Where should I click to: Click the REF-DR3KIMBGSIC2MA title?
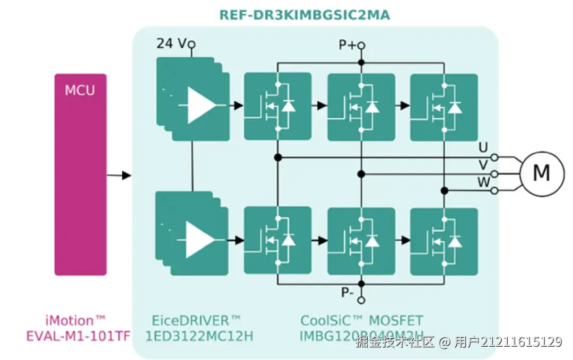[305, 15]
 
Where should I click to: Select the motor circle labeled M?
[541, 173]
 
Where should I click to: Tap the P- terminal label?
[348, 293]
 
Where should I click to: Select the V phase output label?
[483, 165]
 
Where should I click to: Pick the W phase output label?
[483, 182]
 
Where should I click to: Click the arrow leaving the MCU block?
[119, 175]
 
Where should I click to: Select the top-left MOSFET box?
[277, 107]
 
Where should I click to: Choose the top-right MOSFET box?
[444, 107]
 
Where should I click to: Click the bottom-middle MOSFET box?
[361, 241]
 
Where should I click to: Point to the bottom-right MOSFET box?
[444, 241]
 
